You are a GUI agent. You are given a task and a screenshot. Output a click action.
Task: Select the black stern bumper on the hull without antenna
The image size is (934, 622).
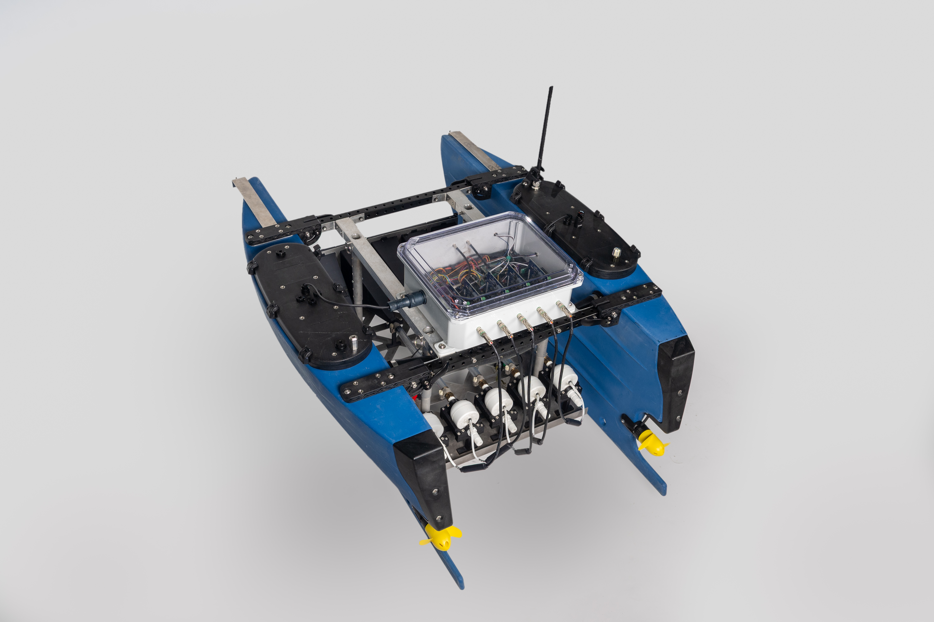425,476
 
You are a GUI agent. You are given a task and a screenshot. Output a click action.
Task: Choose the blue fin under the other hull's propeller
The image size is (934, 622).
452,567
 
